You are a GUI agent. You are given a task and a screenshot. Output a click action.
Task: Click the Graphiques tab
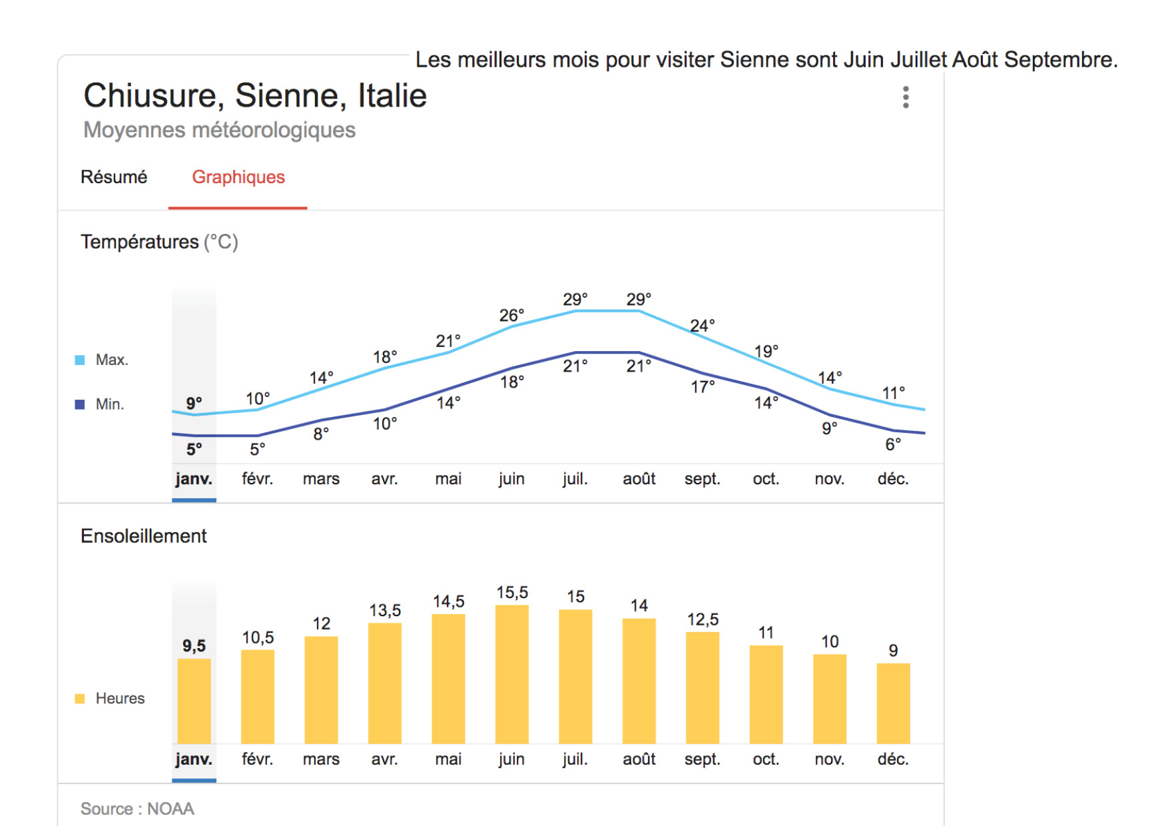click(x=238, y=177)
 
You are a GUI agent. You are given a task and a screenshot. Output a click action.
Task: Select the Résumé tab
click(x=114, y=177)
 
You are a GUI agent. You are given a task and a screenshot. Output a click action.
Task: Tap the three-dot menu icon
click(x=906, y=97)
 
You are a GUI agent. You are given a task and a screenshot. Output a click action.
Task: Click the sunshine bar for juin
click(x=511, y=674)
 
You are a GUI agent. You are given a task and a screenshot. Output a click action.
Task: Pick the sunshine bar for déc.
click(x=893, y=703)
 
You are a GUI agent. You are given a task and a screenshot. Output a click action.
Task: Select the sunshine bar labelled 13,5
click(x=385, y=683)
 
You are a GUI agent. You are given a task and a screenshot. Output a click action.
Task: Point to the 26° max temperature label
click(x=511, y=315)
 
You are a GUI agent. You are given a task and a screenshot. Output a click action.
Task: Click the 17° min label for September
click(x=703, y=387)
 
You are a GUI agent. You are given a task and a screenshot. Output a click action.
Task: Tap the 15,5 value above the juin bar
click(x=512, y=592)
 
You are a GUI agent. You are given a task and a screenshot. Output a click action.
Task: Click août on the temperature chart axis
click(x=639, y=479)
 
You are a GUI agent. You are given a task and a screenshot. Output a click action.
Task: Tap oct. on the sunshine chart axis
click(x=766, y=759)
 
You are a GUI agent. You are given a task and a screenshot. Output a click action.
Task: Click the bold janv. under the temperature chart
click(x=194, y=479)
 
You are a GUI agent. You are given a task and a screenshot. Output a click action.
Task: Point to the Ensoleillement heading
click(x=144, y=536)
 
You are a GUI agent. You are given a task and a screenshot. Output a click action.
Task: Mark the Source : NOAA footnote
click(x=137, y=809)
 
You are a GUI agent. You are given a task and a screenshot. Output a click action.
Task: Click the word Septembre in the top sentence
click(x=1060, y=60)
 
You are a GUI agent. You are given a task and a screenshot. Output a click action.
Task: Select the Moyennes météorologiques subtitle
click(x=219, y=130)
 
